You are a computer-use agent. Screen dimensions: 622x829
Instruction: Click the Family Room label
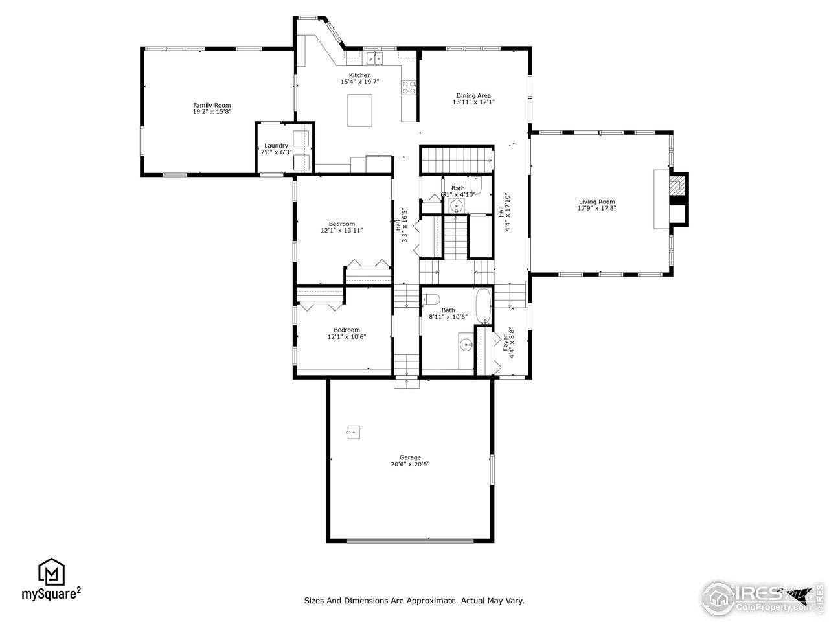pyautogui.click(x=212, y=105)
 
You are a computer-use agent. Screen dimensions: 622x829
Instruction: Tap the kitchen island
pyautogui.click(x=360, y=110)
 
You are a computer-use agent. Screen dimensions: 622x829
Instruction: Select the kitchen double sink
pyautogui.click(x=374, y=59)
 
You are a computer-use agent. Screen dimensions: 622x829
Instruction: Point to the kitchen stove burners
pyautogui.click(x=409, y=87)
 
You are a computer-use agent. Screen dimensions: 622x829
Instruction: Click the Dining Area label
pyautogui.click(x=473, y=96)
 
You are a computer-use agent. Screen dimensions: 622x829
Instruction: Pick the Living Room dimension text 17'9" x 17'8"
pyautogui.click(x=596, y=208)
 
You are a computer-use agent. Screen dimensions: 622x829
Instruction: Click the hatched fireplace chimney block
pyautogui.click(x=677, y=187)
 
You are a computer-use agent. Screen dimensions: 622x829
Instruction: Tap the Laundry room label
pyautogui.click(x=276, y=146)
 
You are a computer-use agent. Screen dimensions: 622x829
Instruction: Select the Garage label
pyautogui.click(x=410, y=457)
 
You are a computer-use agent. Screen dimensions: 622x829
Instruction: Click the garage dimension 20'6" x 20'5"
pyautogui.click(x=410, y=464)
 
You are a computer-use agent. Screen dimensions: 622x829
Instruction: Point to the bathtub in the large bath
pyautogui.click(x=483, y=306)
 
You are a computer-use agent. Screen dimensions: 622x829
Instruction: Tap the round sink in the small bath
pyautogui.click(x=457, y=207)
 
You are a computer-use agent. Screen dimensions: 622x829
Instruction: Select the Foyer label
pyautogui.click(x=506, y=342)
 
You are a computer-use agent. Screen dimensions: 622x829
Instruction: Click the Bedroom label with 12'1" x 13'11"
pyautogui.click(x=342, y=224)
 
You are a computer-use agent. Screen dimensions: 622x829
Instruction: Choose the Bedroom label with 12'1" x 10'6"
pyautogui.click(x=346, y=330)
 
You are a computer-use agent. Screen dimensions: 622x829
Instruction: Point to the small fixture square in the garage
pyautogui.click(x=352, y=431)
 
